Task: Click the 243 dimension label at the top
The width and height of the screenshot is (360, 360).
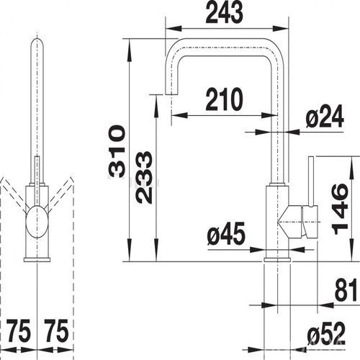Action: coord(225,13)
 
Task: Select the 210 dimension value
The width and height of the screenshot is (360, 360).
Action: coord(225,99)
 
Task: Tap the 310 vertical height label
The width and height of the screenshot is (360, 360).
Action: coord(117,151)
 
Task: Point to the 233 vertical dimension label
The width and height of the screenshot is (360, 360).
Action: coord(144,177)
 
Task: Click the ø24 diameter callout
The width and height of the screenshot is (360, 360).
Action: coord(325,117)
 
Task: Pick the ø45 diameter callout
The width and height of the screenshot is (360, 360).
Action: coord(226,233)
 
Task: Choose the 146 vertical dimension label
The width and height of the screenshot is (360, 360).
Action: coord(340,209)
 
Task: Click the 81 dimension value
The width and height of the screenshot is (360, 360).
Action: coord(347,291)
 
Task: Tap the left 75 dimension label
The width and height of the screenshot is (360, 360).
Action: coord(19,331)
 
